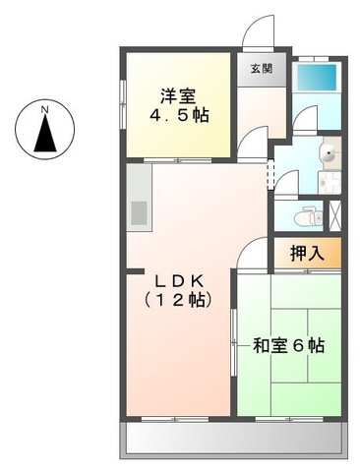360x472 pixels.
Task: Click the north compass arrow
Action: [45, 134]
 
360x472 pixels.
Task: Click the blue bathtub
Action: [318, 76]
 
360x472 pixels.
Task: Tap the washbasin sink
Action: [328, 152]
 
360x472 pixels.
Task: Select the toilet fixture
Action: [309, 212]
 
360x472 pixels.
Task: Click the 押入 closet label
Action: [307, 253]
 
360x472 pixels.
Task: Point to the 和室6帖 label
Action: [288, 346]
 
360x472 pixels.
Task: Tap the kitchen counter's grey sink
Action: [139, 212]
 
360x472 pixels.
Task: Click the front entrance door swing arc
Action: [258, 28]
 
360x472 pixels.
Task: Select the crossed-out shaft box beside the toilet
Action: [334, 213]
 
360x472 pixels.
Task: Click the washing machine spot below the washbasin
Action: [329, 182]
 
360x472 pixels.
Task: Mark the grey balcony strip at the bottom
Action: [233, 441]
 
